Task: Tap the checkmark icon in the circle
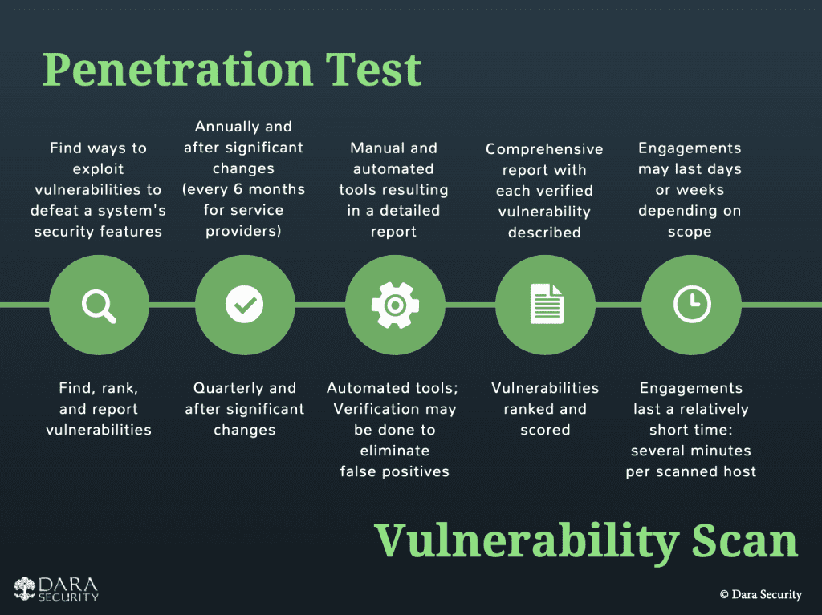point(244,305)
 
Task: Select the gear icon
point(395,305)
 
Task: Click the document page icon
point(546,304)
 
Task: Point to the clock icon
point(692,305)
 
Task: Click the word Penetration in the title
point(177,71)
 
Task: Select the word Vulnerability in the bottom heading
point(527,542)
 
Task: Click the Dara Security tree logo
point(25,589)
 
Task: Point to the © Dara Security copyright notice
point(761,595)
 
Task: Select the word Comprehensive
point(544,149)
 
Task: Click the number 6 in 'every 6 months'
point(238,189)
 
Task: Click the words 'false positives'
point(395,472)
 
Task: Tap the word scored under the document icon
point(545,430)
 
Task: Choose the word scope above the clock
point(690,233)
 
